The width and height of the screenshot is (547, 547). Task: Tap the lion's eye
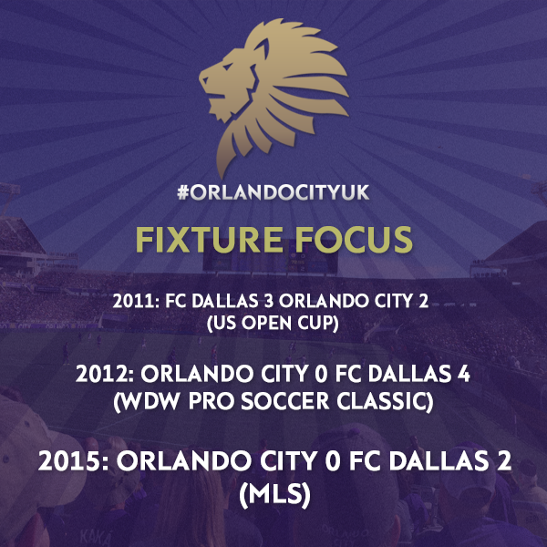tap(228, 67)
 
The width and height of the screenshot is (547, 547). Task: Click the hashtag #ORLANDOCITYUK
tap(273, 192)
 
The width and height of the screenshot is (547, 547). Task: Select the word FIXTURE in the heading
tap(210, 240)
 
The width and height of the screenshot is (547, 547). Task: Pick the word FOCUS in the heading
tap(354, 240)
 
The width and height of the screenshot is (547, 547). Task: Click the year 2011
tap(133, 302)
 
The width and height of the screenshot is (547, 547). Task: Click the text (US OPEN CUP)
tap(273, 323)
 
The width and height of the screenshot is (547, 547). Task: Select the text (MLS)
tap(274, 495)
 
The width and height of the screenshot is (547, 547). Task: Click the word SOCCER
tap(285, 401)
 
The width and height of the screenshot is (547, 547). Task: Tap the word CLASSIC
tap(385, 401)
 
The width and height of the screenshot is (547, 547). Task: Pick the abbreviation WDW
tap(148, 402)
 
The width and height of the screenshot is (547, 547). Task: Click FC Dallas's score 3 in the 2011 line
tap(269, 302)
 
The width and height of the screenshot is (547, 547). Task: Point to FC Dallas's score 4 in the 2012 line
tap(464, 375)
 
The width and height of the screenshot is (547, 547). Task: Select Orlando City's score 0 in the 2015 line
tap(332, 461)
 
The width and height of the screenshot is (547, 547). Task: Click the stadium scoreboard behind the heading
tap(271, 260)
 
